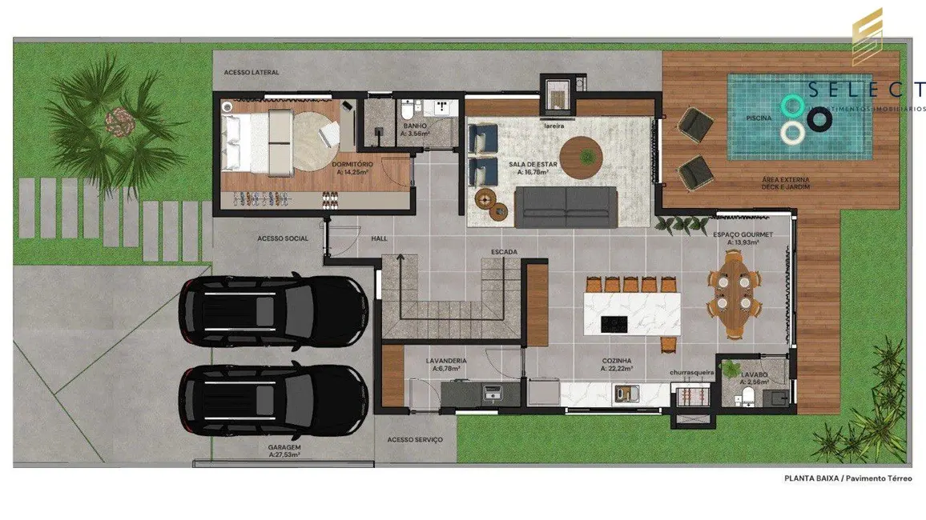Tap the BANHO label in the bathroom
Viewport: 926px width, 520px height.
(415, 126)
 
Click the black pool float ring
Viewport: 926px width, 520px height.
(819, 120)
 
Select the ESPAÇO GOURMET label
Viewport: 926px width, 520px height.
(743, 234)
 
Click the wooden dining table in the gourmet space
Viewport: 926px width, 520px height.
(732, 294)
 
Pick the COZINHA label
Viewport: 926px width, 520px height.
(617, 361)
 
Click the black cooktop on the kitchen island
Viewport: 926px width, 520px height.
(614, 323)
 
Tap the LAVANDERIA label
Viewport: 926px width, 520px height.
(446, 361)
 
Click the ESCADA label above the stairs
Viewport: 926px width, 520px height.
(504, 252)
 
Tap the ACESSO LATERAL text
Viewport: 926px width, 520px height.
(252, 73)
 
